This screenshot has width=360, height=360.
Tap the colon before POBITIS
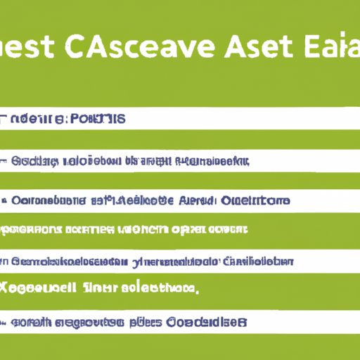[x=68, y=119]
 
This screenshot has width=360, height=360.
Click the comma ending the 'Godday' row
[x=248, y=163]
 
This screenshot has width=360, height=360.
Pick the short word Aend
[x=195, y=201]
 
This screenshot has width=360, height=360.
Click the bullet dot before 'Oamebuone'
[x=5, y=201]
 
